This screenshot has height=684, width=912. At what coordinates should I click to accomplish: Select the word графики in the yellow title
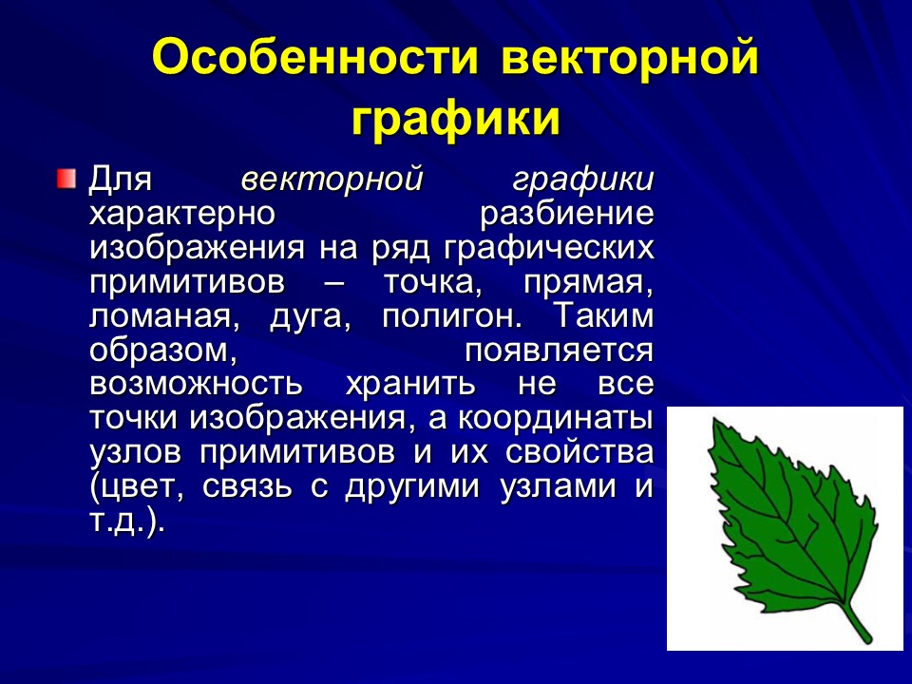click(454, 120)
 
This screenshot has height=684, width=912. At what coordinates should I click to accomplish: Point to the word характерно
click(182, 214)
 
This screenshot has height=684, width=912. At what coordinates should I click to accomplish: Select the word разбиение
click(567, 214)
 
